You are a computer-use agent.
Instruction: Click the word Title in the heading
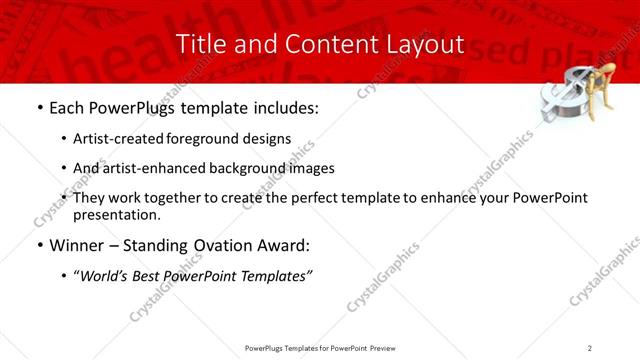(198, 44)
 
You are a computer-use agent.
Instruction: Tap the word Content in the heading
(320, 44)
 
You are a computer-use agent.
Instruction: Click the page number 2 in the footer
(590, 347)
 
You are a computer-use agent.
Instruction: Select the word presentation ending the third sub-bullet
(115, 214)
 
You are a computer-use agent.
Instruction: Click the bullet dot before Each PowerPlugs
(38, 107)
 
